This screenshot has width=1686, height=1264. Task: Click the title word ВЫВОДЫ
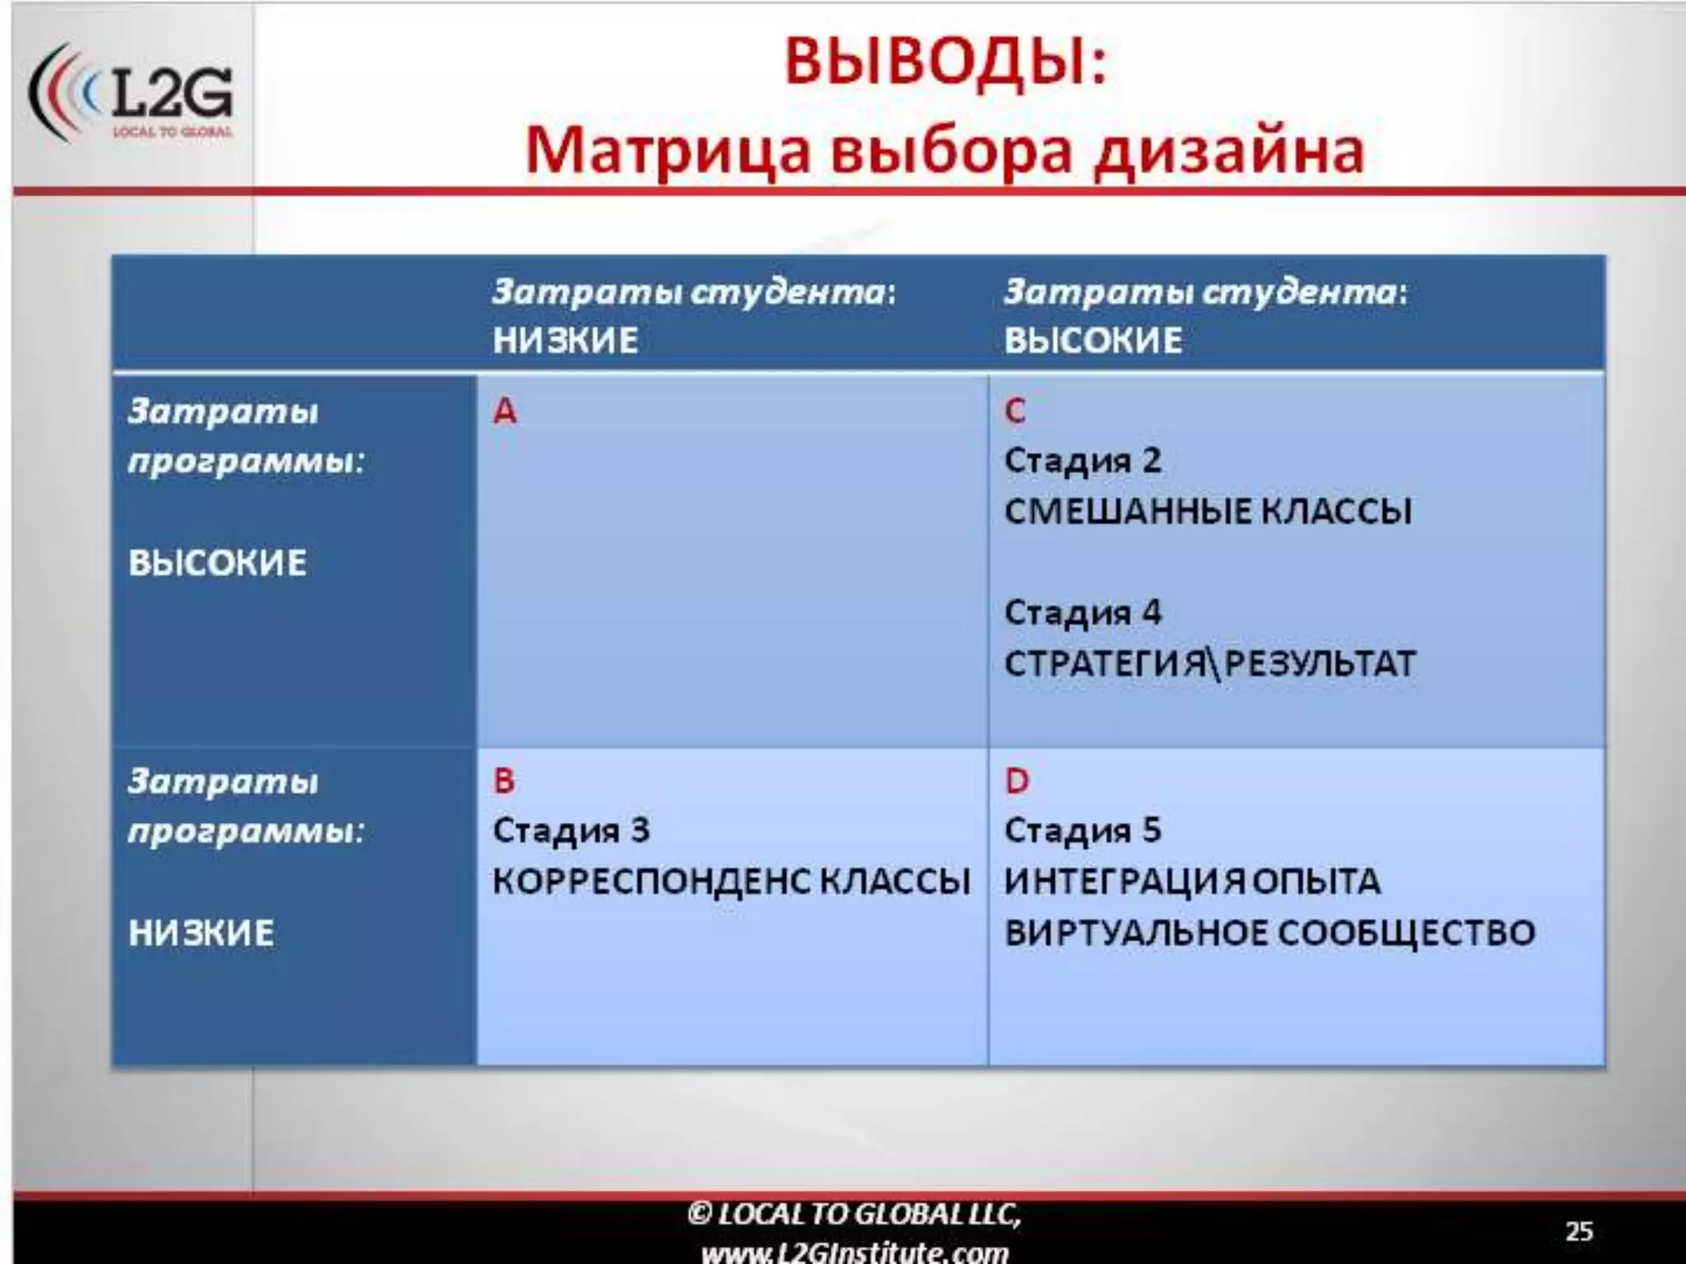click(945, 63)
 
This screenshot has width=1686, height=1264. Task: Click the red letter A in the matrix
click(505, 411)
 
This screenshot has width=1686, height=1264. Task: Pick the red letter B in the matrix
click(504, 780)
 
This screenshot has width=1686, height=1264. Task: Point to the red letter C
click(1015, 411)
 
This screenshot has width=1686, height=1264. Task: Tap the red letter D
click(1017, 780)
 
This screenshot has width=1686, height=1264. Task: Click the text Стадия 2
click(1083, 461)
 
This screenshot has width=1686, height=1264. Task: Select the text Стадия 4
click(1083, 612)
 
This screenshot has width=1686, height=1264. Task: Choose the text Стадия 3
click(571, 830)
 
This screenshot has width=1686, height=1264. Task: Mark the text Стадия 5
click(1083, 830)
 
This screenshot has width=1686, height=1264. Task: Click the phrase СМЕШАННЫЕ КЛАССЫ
click(1208, 511)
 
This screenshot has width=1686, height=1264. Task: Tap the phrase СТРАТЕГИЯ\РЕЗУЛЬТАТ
click(1209, 663)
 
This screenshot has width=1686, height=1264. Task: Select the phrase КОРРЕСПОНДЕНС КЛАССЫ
click(731, 881)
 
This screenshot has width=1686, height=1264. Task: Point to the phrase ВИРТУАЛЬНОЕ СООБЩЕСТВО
click(1269, 932)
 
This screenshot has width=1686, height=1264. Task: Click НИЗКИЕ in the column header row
click(566, 340)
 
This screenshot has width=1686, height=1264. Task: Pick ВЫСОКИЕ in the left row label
click(217, 563)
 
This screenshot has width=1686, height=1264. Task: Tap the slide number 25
click(1578, 1231)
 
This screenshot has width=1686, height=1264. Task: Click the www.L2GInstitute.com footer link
click(855, 1251)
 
